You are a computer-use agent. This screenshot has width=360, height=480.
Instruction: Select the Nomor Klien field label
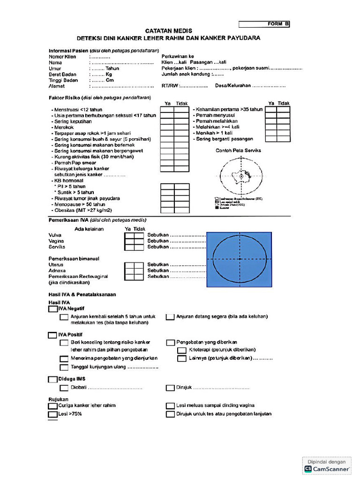pos(62,57)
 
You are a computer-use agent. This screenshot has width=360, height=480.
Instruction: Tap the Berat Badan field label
pos(63,74)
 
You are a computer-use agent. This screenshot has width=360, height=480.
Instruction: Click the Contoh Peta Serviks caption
pos(238,150)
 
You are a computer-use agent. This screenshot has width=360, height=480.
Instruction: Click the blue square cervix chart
pos(240,259)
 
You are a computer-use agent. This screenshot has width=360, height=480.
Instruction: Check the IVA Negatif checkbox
pos(52,309)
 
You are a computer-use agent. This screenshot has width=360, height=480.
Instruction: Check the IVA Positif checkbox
pos(52,335)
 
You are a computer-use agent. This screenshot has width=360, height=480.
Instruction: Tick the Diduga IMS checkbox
pos(52,379)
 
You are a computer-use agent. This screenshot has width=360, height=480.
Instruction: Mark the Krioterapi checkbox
pos(181,350)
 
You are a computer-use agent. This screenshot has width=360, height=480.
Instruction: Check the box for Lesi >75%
pos(52,414)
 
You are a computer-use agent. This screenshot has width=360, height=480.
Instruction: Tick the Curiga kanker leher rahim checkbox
pos(52,405)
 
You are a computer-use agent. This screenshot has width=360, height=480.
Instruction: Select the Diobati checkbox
pos(64,388)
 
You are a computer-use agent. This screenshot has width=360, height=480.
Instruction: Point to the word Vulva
pos(55,235)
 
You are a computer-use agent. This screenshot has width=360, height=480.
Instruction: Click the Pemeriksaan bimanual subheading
pos(74,258)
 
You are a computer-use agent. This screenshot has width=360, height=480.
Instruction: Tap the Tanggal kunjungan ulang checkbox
pos(64,367)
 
